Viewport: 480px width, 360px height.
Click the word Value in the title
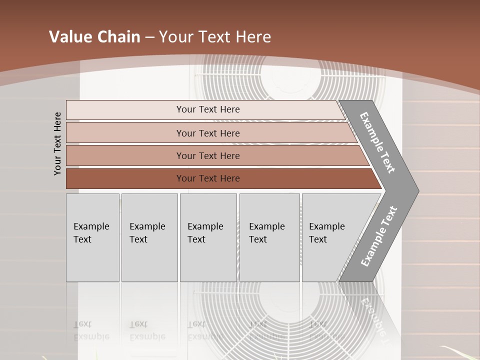(x=69, y=37)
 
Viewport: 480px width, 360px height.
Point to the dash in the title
(x=149, y=37)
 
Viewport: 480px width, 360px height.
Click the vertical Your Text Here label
(x=57, y=143)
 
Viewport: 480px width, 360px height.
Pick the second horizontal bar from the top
(x=208, y=133)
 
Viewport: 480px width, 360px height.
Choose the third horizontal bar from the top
(x=208, y=155)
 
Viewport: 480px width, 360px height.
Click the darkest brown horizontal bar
(x=208, y=178)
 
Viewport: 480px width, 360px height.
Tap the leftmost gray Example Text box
(x=92, y=237)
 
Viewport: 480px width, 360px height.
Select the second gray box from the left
(x=149, y=237)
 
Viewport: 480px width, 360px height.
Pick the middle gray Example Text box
(x=208, y=237)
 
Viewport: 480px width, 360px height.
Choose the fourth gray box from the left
(x=269, y=237)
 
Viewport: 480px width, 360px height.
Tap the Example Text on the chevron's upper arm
(x=377, y=142)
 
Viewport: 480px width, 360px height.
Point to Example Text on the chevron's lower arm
(x=379, y=236)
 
